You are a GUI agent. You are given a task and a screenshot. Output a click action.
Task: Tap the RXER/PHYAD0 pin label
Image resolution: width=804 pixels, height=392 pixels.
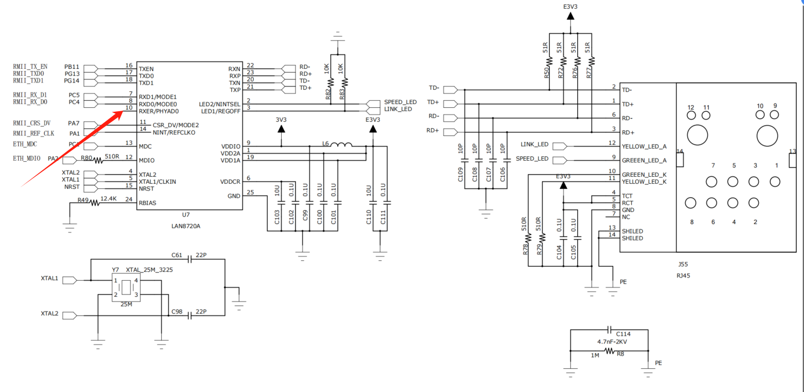(x=158, y=111)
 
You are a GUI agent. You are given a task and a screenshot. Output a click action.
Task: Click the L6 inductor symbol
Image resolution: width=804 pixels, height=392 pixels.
(x=341, y=145)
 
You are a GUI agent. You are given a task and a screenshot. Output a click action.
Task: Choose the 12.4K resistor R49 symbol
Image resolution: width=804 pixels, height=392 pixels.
(x=94, y=203)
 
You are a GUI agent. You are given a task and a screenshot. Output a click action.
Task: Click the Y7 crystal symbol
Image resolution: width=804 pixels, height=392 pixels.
(x=125, y=288)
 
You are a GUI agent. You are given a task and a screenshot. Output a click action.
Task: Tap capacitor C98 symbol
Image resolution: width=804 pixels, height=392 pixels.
(x=190, y=315)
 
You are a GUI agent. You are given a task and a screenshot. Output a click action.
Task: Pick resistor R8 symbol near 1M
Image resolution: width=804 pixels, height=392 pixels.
(x=610, y=351)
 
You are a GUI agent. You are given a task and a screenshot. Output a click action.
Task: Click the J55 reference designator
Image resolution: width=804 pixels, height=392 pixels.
(x=683, y=264)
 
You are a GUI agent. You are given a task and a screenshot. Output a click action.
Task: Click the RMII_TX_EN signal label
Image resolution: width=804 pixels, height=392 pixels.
(x=30, y=67)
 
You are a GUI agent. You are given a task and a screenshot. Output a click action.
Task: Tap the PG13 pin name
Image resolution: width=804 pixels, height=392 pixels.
(x=72, y=74)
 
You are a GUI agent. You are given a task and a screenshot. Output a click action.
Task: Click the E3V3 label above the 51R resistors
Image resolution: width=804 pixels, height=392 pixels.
(x=570, y=7)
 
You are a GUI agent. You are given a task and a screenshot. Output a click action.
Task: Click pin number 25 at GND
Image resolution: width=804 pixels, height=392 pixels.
(x=250, y=192)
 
